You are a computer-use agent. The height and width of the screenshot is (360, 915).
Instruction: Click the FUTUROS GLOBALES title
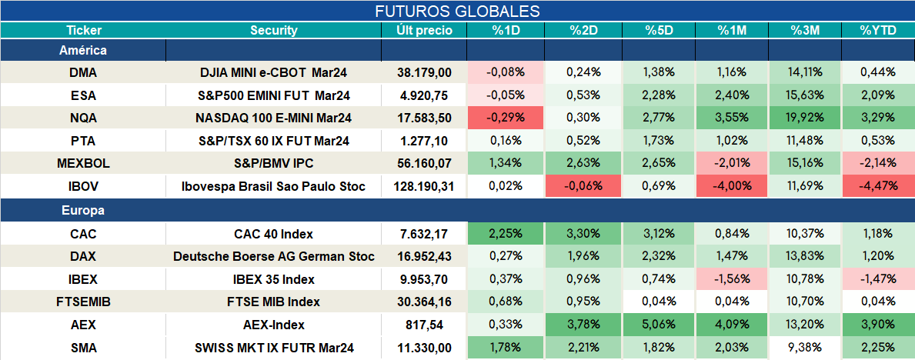coord(457,11)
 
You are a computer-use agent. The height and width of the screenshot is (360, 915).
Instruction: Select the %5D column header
coord(659,31)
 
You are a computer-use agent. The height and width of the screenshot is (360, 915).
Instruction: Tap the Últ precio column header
coord(424,31)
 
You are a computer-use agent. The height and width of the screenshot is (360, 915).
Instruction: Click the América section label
coord(83,51)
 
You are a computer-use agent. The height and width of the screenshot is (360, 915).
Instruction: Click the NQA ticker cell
coord(83,118)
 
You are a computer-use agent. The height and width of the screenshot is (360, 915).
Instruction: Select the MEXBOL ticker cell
coord(83,164)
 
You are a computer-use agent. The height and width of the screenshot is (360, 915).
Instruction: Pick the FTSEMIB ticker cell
coord(83,302)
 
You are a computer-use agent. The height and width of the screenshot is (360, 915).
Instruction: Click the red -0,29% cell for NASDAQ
coord(506,118)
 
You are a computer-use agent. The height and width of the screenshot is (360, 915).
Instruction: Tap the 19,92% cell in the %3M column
coord(805,118)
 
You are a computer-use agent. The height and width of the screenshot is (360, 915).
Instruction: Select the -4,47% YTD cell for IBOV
coord(878,187)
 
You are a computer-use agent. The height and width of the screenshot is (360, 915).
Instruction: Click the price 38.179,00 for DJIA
coord(424,72)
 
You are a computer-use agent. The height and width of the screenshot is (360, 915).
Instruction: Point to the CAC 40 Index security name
coord(274,235)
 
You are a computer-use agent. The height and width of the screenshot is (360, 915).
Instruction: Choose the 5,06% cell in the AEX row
coord(659,325)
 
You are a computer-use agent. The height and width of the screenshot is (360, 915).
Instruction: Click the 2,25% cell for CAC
coord(506,235)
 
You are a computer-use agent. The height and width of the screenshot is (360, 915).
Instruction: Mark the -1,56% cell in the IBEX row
coord(733,279)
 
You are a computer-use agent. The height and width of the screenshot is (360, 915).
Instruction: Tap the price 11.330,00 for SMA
coord(424,348)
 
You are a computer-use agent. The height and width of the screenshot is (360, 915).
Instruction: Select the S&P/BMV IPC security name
coord(274,164)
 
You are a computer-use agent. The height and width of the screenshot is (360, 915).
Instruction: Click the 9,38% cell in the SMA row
coord(805,348)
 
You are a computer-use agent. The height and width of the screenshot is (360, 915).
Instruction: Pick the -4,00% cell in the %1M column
coord(733,187)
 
